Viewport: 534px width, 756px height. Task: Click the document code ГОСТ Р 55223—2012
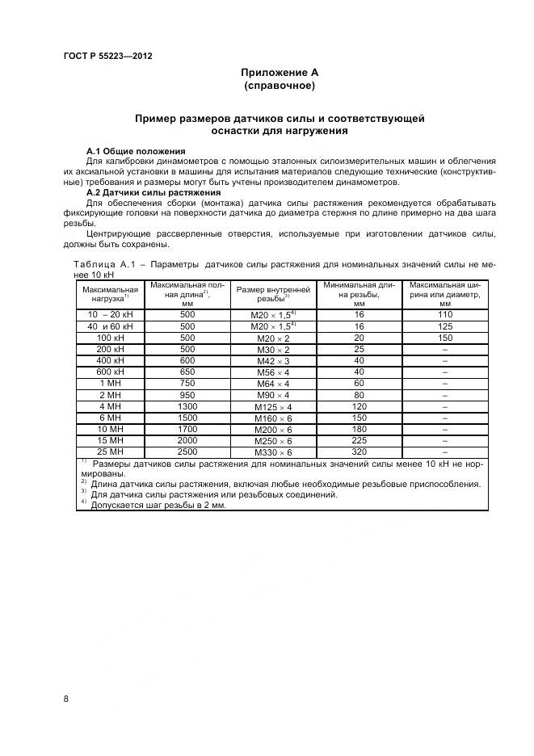107,57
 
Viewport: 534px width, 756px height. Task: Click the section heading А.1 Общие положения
136,151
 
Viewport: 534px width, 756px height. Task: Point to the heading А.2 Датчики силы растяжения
153,193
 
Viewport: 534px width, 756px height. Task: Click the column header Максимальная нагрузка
110,293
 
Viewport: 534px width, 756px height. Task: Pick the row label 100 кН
110,338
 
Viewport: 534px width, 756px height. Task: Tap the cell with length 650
188,372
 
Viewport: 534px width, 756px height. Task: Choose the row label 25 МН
110,451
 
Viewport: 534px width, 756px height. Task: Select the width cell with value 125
445,325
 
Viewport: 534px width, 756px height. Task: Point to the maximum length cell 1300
188,406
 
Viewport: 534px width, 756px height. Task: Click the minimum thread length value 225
360,440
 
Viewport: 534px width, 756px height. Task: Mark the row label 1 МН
110,383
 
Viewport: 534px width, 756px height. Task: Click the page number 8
65,699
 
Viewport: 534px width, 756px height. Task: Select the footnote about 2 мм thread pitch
158,505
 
